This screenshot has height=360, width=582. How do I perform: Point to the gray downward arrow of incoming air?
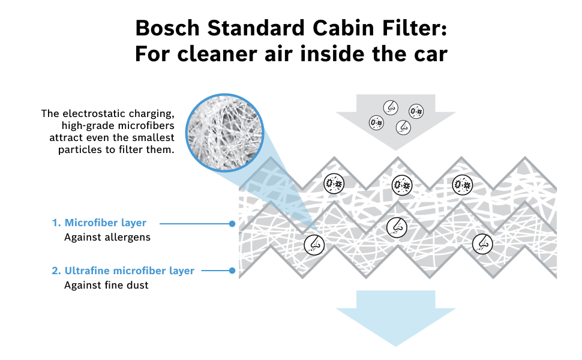tap(395, 120)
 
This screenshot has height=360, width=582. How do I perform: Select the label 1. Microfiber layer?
tap(99, 223)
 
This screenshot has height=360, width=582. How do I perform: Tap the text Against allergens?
tap(107, 237)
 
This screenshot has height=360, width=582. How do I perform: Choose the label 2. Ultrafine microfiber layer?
tap(123, 271)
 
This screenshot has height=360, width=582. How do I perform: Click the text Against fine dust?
tap(106, 285)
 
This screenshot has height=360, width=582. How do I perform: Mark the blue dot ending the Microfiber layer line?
tap(232, 223)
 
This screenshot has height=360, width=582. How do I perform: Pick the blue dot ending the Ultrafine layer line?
tap(232, 271)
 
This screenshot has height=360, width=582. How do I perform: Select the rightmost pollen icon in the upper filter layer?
tap(461, 184)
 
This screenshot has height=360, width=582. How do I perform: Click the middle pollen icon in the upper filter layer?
tap(401, 184)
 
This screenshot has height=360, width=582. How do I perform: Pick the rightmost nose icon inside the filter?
tap(482, 242)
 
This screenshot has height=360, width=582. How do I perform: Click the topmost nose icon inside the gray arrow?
tap(391, 107)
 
